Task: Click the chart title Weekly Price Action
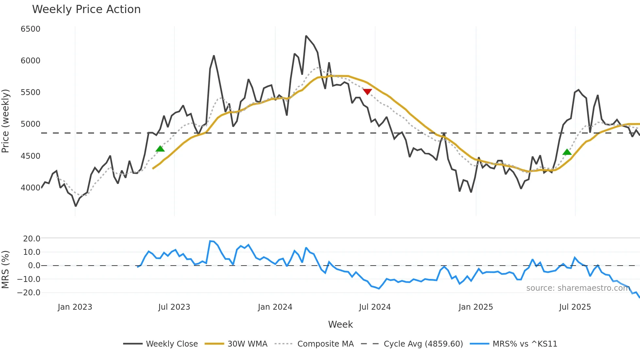click(86, 9)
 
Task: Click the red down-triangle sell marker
click(367, 92)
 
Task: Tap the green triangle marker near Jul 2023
click(160, 149)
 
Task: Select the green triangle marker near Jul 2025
click(567, 152)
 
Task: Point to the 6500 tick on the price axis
click(30, 29)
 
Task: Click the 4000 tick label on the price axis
click(30, 188)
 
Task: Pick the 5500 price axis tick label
click(30, 92)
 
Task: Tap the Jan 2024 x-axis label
click(275, 307)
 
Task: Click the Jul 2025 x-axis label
click(575, 307)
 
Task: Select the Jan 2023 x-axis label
click(75, 307)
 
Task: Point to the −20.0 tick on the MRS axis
click(29, 293)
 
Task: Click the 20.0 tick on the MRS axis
click(31, 239)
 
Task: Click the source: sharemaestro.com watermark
click(578, 288)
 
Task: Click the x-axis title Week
click(340, 324)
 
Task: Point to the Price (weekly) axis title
click(6, 121)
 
